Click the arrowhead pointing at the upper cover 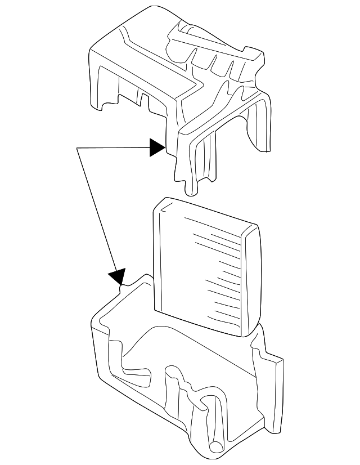coord(157,148)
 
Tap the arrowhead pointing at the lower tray coord(117,276)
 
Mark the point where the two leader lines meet coord(77,148)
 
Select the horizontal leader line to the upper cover coord(112,148)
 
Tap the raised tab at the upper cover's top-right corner coord(256,56)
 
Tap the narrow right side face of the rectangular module coord(253,281)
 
